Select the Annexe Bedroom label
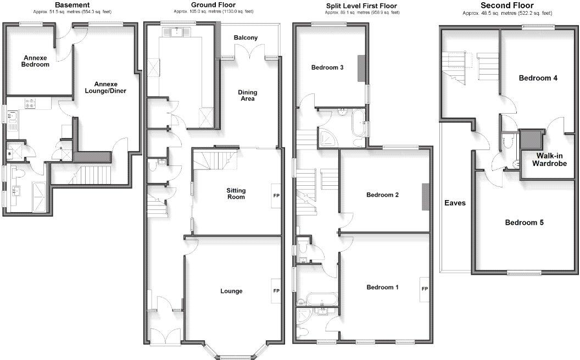pyautogui.click(x=36, y=60)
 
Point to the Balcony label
pyautogui.click(x=246, y=38)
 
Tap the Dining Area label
pyautogui.click(x=247, y=96)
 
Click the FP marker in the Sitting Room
pyautogui.click(x=276, y=195)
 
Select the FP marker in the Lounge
pyautogui.click(x=276, y=291)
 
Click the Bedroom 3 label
pyautogui.click(x=327, y=68)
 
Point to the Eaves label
pyautogui.click(x=455, y=203)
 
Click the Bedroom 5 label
pyautogui.click(x=524, y=223)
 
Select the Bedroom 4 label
pyautogui.click(x=538, y=78)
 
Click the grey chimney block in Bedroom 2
pyautogui.click(x=425, y=197)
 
